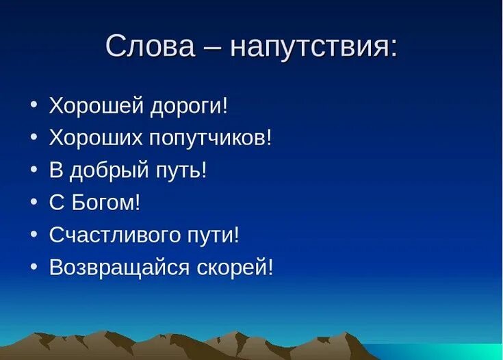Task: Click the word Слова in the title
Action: point(150,46)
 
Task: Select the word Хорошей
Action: point(96,105)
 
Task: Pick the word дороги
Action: point(185,107)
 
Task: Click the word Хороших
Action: point(96,138)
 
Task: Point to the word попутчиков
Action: point(207,140)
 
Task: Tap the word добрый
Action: point(109,170)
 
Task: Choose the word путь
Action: point(179,171)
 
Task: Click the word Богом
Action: point(103,202)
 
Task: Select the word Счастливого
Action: point(115,235)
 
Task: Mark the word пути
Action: point(211,237)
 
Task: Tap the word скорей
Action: point(231,267)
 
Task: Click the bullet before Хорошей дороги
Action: point(34,104)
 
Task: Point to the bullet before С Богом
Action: point(34,202)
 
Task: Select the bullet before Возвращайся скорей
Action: point(34,266)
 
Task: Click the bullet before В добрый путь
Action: point(34,169)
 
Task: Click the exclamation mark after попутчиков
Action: point(269,138)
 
